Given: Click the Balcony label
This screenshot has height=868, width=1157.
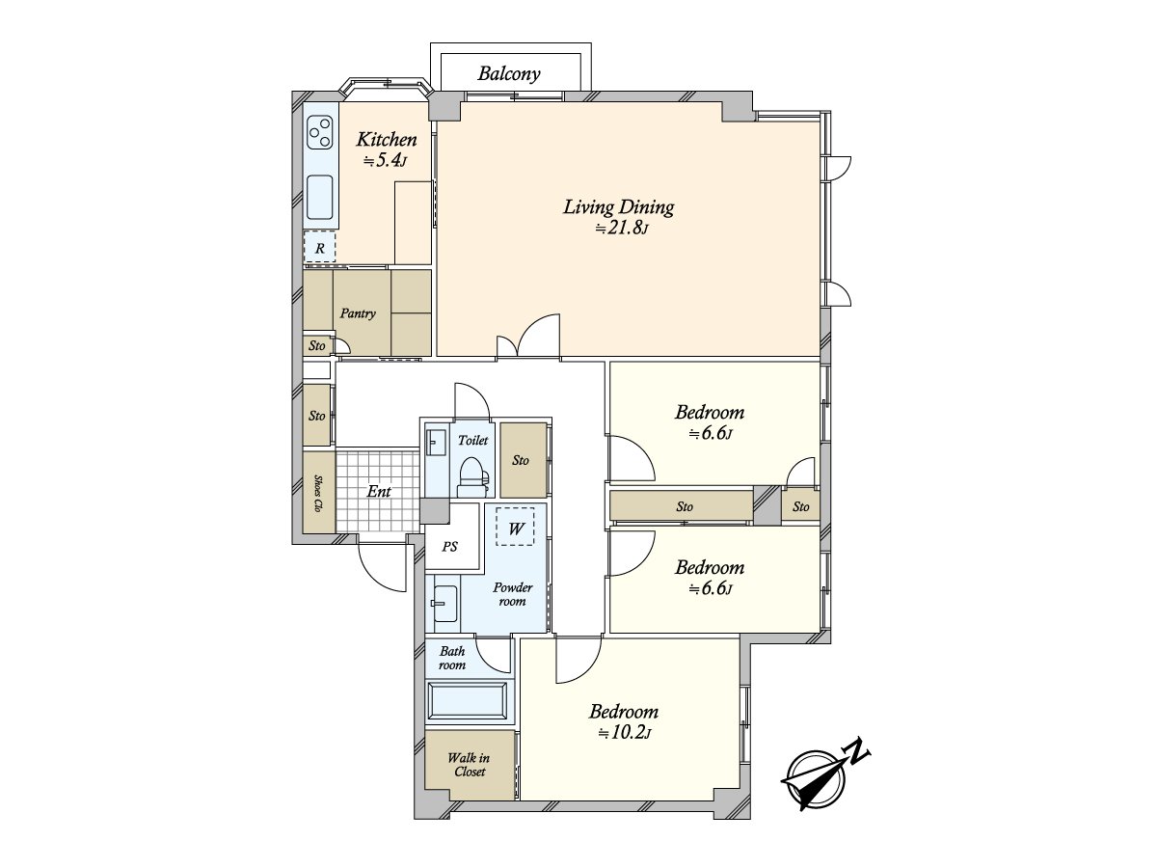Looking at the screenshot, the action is point(509,74).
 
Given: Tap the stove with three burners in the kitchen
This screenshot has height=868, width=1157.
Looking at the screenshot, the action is point(320,132).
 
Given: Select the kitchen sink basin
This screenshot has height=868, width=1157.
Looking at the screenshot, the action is point(319,196).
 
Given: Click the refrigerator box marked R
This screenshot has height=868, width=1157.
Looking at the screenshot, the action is point(319,247).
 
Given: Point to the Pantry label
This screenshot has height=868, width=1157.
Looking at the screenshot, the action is point(358,314).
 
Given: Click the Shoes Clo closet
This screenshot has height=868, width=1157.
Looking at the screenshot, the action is point(319,492).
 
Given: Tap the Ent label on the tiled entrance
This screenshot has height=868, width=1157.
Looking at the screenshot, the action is point(379,492).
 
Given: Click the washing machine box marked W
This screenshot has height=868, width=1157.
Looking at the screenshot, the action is point(515,527).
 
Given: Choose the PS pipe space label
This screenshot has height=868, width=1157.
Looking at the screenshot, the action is point(449,547).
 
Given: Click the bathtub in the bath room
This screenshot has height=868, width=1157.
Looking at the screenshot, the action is point(468,701).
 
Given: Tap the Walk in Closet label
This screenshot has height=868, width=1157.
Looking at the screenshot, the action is point(470,765).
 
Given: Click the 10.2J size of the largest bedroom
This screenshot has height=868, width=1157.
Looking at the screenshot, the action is point(625,733).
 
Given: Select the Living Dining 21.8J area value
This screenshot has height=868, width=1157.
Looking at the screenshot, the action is point(621,229).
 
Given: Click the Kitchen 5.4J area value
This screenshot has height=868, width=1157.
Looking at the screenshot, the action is point(386,161).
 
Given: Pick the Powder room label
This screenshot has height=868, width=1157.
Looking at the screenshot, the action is point(512,594).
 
